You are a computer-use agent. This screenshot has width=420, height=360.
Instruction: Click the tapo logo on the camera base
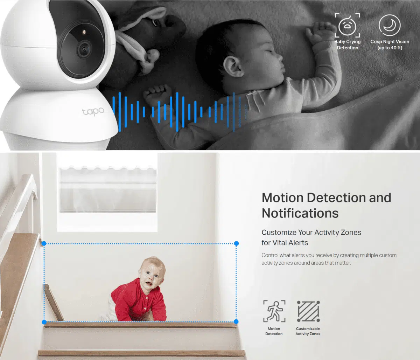93,111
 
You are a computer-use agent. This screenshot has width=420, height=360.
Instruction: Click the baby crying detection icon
347,25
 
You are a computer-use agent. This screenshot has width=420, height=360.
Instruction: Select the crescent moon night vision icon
390,25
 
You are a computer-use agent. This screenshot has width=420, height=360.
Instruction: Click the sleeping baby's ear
233,66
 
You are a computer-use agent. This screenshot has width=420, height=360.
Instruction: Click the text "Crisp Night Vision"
390,41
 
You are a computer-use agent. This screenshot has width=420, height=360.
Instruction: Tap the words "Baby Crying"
348,41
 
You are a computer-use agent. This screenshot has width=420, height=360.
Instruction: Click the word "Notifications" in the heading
300,213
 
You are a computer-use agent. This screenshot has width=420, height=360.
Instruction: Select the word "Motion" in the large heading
282,198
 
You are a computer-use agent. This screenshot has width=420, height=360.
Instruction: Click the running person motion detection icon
274,311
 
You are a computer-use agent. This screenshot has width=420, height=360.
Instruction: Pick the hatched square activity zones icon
308,311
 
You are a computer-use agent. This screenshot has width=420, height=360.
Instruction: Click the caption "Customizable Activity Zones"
308,331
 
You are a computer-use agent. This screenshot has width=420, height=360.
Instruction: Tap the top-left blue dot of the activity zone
44,243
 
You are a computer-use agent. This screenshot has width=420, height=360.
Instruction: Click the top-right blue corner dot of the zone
236,243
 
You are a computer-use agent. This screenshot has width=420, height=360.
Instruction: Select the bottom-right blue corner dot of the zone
236,321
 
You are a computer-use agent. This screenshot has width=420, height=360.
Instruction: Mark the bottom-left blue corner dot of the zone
44,322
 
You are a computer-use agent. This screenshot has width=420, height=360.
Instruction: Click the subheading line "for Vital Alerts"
285,243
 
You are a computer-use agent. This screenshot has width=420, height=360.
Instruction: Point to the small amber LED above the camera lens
84,32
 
